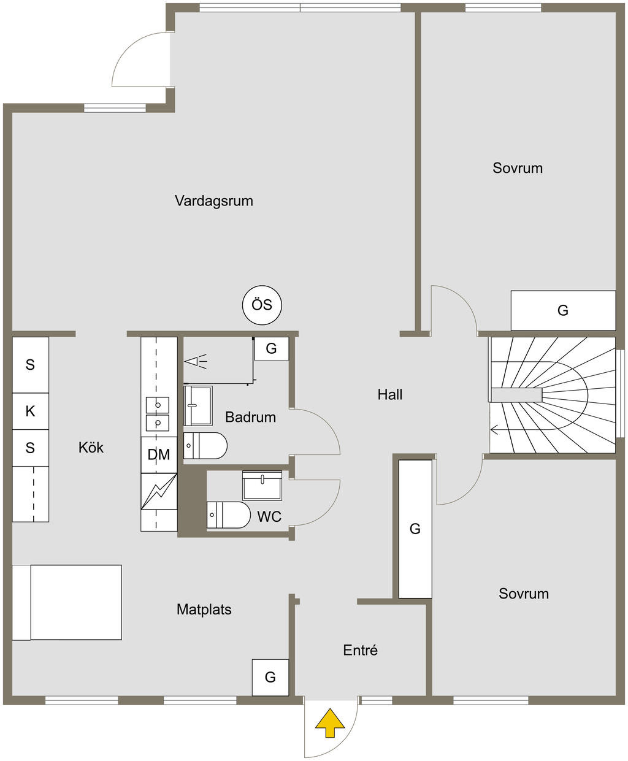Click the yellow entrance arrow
(329, 723)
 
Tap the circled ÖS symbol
(262, 305)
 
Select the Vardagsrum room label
(214, 201)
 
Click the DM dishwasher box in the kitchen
(159, 454)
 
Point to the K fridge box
(31, 411)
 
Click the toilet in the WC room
(229, 514)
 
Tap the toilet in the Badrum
(205, 445)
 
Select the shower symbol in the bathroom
(196, 362)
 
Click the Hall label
(390, 395)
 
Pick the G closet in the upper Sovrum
(563, 310)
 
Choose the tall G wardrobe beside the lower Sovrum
(415, 529)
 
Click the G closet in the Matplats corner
(270, 678)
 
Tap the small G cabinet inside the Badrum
(272, 348)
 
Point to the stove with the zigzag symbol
(159, 491)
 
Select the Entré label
(360, 651)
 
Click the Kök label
(91, 448)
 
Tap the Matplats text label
(204, 610)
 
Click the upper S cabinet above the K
(31, 365)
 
